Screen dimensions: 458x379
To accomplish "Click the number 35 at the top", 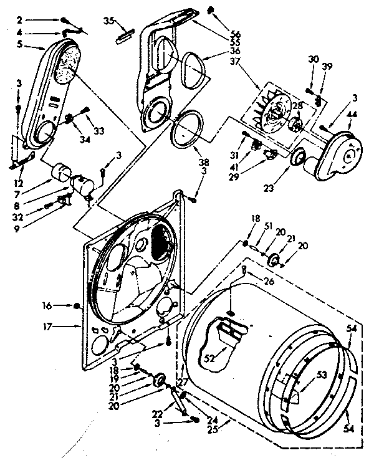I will [x=108, y=21].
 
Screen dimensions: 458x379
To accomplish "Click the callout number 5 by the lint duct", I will [x=20, y=45].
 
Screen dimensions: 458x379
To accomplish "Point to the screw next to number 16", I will [x=76, y=305].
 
